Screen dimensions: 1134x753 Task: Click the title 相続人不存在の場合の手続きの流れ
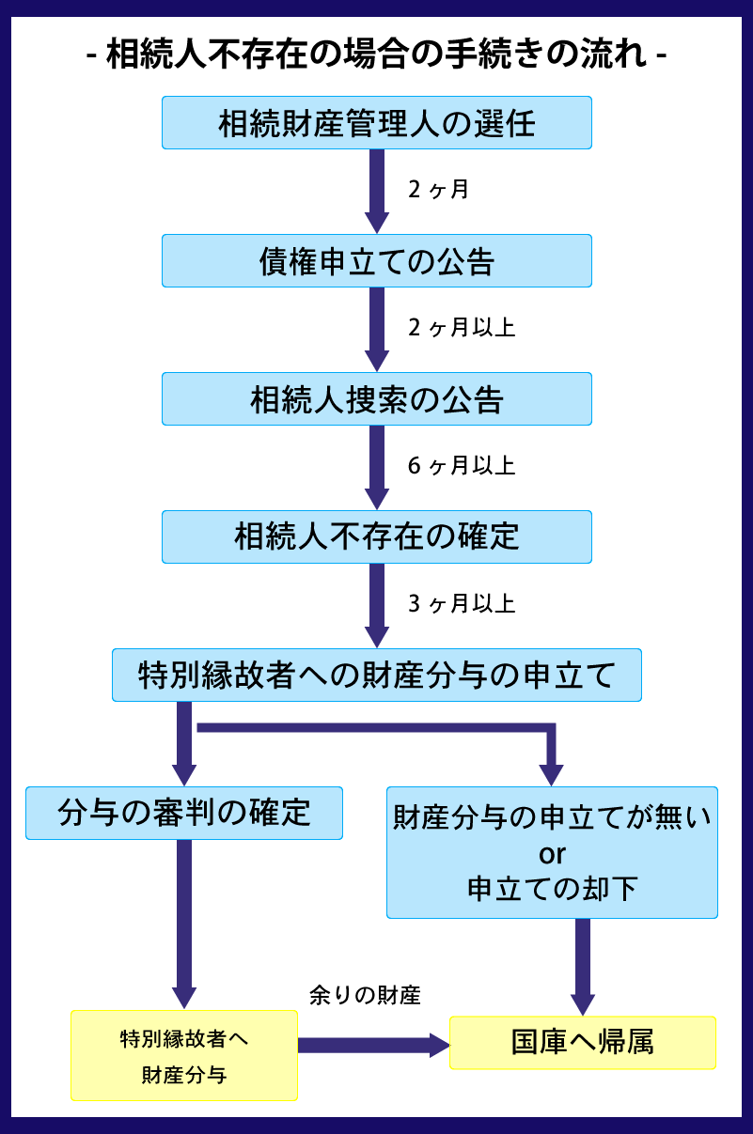(376, 54)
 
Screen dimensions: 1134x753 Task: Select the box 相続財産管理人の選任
(376, 122)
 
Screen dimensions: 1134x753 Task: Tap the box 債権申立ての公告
(376, 260)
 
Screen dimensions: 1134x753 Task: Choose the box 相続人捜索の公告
(376, 398)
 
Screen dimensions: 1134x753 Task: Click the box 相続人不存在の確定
(376, 536)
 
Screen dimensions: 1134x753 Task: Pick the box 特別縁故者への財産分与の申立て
(376, 675)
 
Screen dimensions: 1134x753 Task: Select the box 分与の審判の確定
(183, 813)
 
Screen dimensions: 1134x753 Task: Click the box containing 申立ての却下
(552, 889)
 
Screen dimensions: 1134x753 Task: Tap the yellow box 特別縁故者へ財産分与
(184, 1055)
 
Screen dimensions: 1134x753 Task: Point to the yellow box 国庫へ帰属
(583, 1043)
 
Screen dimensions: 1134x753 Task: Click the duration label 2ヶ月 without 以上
(438, 190)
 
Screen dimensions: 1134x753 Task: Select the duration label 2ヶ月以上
(462, 328)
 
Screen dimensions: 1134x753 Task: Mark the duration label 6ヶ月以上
(462, 466)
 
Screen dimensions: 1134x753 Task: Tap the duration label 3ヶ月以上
(462, 603)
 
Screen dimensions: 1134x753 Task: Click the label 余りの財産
(365, 996)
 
